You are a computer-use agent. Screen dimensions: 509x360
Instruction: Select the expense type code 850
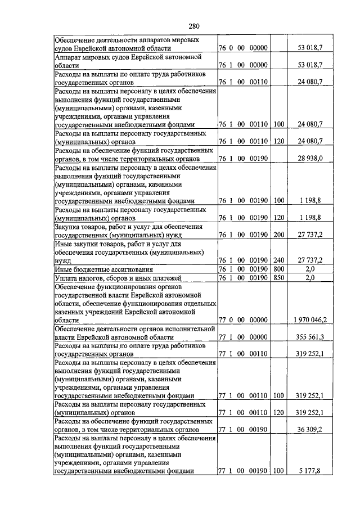pos(278,277)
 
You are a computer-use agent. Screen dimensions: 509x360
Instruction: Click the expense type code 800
pos(278,269)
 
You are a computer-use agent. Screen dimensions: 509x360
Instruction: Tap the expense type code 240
pos(278,260)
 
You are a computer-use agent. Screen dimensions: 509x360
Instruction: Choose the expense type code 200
pos(278,235)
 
